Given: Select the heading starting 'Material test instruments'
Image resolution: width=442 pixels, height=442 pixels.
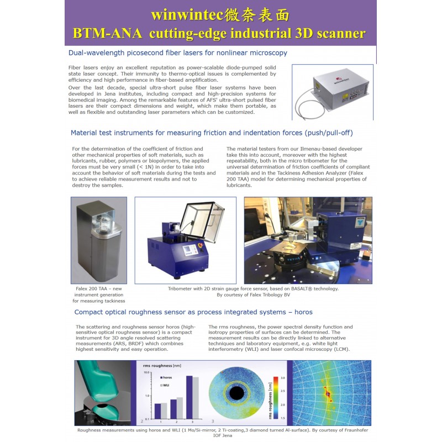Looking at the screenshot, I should [x=212, y=133].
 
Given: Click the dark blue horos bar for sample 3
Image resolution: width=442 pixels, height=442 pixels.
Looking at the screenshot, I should [x=190, y=397].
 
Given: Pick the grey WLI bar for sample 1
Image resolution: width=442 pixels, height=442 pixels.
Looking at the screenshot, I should [x=164, y=410].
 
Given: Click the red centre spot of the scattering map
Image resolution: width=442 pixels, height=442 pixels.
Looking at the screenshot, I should [x=327, y=393].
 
